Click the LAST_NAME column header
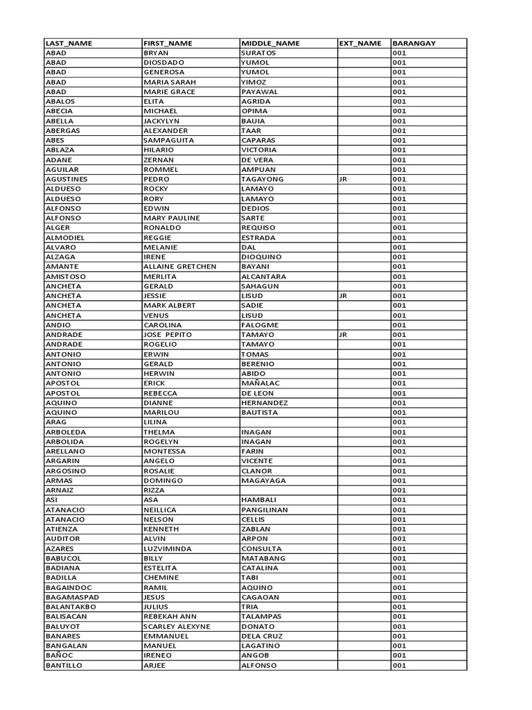tap(69, 43)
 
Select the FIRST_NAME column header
tap(168, 43)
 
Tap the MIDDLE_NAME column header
tap(270, 43)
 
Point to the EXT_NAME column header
tap(360, 43)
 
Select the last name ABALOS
tap(60, 101)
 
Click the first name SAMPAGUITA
tap(168, 140)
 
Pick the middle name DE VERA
tap(257, 159)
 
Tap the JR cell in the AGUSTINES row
tap(343, 179)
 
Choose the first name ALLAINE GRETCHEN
tap(179, 266)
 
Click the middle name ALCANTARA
tap(263, 276)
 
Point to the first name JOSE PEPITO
tap(168, 334)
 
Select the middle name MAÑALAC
tap(261, 383)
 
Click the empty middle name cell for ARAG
tap(288, 422)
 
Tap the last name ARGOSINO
tap(66, 471)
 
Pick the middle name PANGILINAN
tap(265, 510)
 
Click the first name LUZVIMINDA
tap(168, 548)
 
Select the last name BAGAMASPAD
tap(72, 597)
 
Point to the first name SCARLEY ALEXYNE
tap(177, 626)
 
